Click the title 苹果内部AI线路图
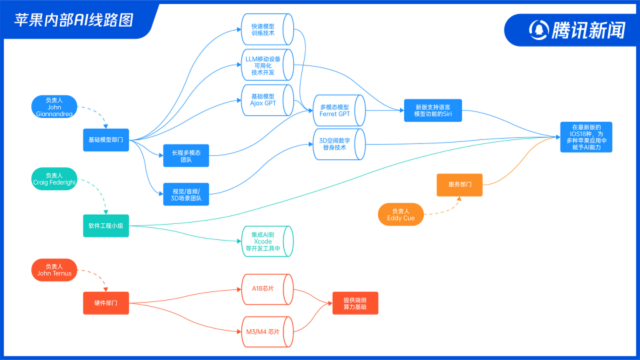coord(74,19)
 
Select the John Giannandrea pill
coord(54,107)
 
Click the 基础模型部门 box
coord(106,140)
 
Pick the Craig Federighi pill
coord(54,179)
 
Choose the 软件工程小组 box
coord(106,226)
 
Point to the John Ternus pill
coord(54,270)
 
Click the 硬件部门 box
coord(106,303)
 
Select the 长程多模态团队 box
coord(186,157)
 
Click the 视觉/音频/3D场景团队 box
coord(186,194)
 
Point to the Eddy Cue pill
coord(401,215)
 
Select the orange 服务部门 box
coord(459,185)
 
